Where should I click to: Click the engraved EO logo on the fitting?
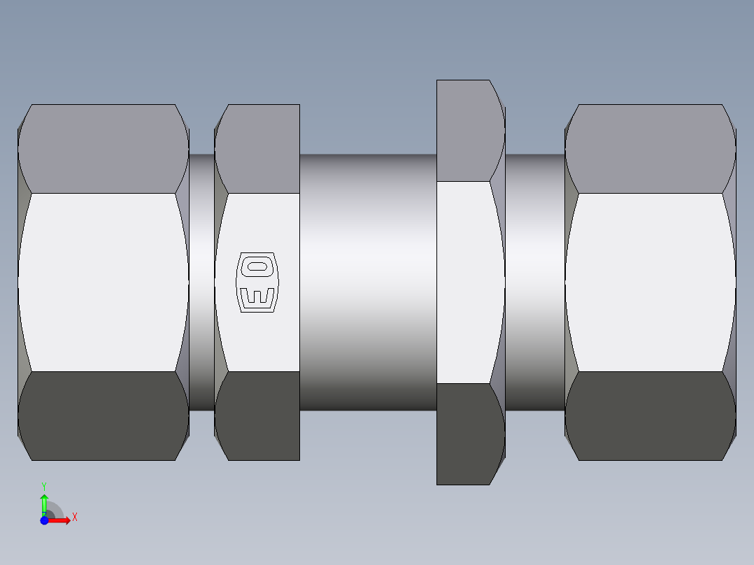click(x=258, y=282)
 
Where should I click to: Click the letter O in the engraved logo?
click(x=258, y=266)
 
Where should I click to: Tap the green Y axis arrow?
click(x=44, y=501)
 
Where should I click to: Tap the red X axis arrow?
click(x=62, y=520)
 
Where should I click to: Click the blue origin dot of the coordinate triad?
click(x=44, y=520)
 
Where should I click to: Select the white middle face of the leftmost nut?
click(x=103, y=282)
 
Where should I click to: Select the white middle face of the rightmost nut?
click(x=650, y=282)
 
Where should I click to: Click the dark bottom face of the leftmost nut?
click(x=103, y=415)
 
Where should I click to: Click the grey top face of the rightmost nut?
click(x=650, y=148)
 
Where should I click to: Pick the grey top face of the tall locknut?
click(x=465, y=130)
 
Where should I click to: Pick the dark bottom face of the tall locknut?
click(x=465, y=434)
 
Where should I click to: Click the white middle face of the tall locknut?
click(x=465, y=282)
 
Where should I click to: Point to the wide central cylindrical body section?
click(x=368, y=282)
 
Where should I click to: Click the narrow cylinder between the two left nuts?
click(x=201, y=282)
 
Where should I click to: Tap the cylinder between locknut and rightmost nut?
click(x=535, y=282)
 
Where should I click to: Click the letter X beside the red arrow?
click(x=74, y=517)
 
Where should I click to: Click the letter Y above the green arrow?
click(x=44, y=486)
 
